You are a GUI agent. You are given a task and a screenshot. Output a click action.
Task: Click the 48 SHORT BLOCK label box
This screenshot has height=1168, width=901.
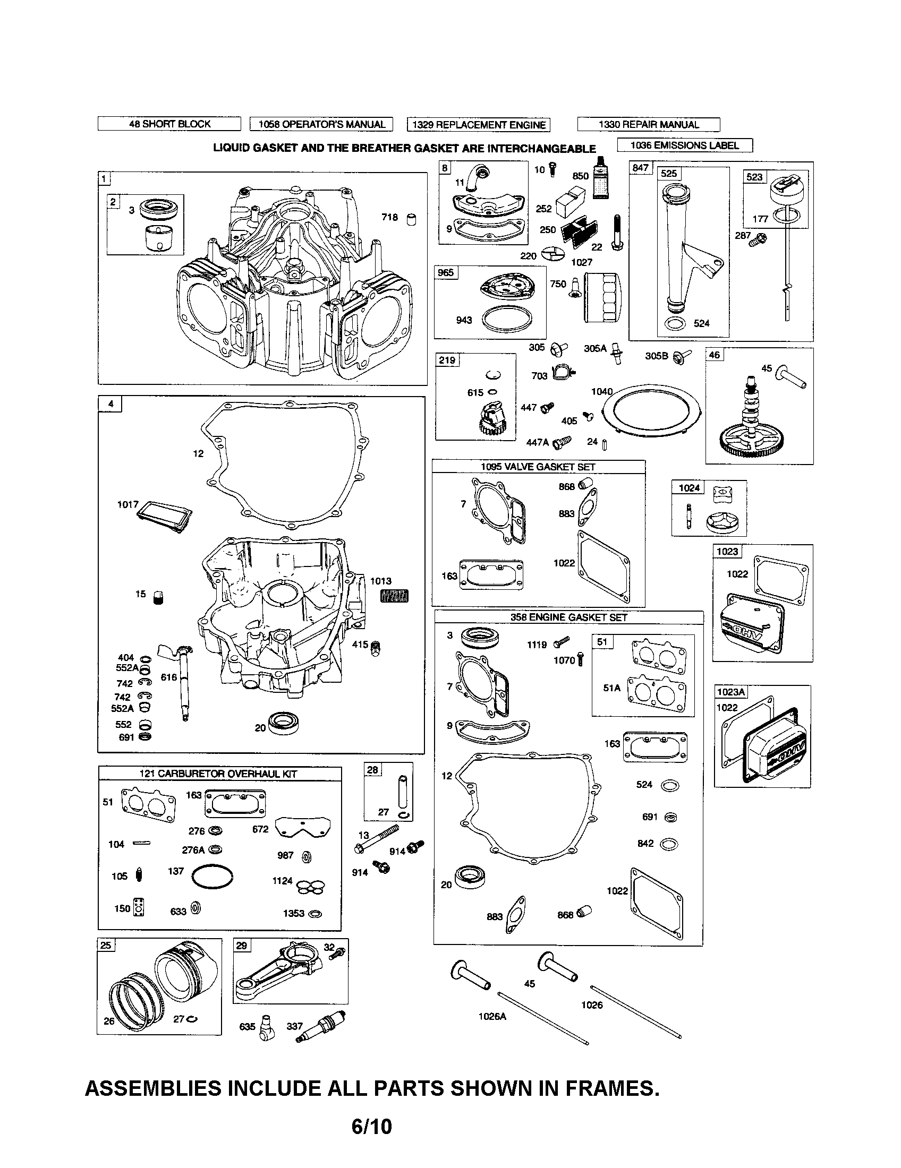coord(169,124)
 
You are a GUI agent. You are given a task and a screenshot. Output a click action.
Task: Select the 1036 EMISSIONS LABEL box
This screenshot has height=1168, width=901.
coord(684,145)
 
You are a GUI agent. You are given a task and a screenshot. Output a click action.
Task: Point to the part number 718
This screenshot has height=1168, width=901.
coord(389,217)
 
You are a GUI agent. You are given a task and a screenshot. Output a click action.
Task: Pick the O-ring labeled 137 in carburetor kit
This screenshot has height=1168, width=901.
coord(212,877)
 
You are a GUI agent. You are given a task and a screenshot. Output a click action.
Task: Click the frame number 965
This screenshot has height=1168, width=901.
coord(446,273)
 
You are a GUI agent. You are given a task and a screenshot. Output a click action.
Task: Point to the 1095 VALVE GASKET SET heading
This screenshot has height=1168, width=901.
coord(538,467)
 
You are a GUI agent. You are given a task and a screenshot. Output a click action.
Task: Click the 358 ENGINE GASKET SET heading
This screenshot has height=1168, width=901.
coord(568,617)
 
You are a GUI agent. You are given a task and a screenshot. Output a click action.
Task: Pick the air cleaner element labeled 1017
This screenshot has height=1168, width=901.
coord(164,517)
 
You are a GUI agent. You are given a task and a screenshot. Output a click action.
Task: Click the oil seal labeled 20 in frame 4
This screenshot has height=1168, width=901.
coord(283,723)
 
